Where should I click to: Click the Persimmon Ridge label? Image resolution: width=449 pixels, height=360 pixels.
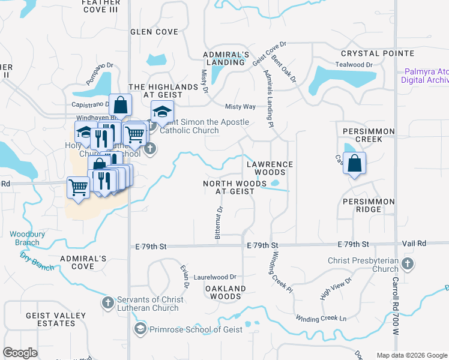click(x=369, y=206)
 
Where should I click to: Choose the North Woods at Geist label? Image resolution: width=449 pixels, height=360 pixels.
click(x=228, y=187)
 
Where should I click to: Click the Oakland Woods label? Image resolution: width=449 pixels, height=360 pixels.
click(x=226, y=292)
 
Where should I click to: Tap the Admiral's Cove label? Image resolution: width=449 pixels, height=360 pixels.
click(x=83, y=262)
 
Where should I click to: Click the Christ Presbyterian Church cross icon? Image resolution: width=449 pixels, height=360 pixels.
click(x=408, y=263)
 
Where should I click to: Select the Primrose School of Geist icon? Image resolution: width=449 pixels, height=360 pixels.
click(x=140, y=329)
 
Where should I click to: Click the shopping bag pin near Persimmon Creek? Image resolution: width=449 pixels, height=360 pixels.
click(x=355, y=163)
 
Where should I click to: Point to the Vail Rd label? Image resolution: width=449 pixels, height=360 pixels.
click(x=414, y=244)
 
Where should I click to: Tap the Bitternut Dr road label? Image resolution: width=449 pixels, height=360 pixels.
click(x=219, y=223)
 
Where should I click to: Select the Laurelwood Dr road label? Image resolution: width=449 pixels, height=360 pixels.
click(x=215, y=278)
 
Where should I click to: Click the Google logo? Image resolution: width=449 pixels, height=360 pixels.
click(x=20, y=353)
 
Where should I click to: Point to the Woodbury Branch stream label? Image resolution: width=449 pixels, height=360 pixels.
click(x=24, y=238)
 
